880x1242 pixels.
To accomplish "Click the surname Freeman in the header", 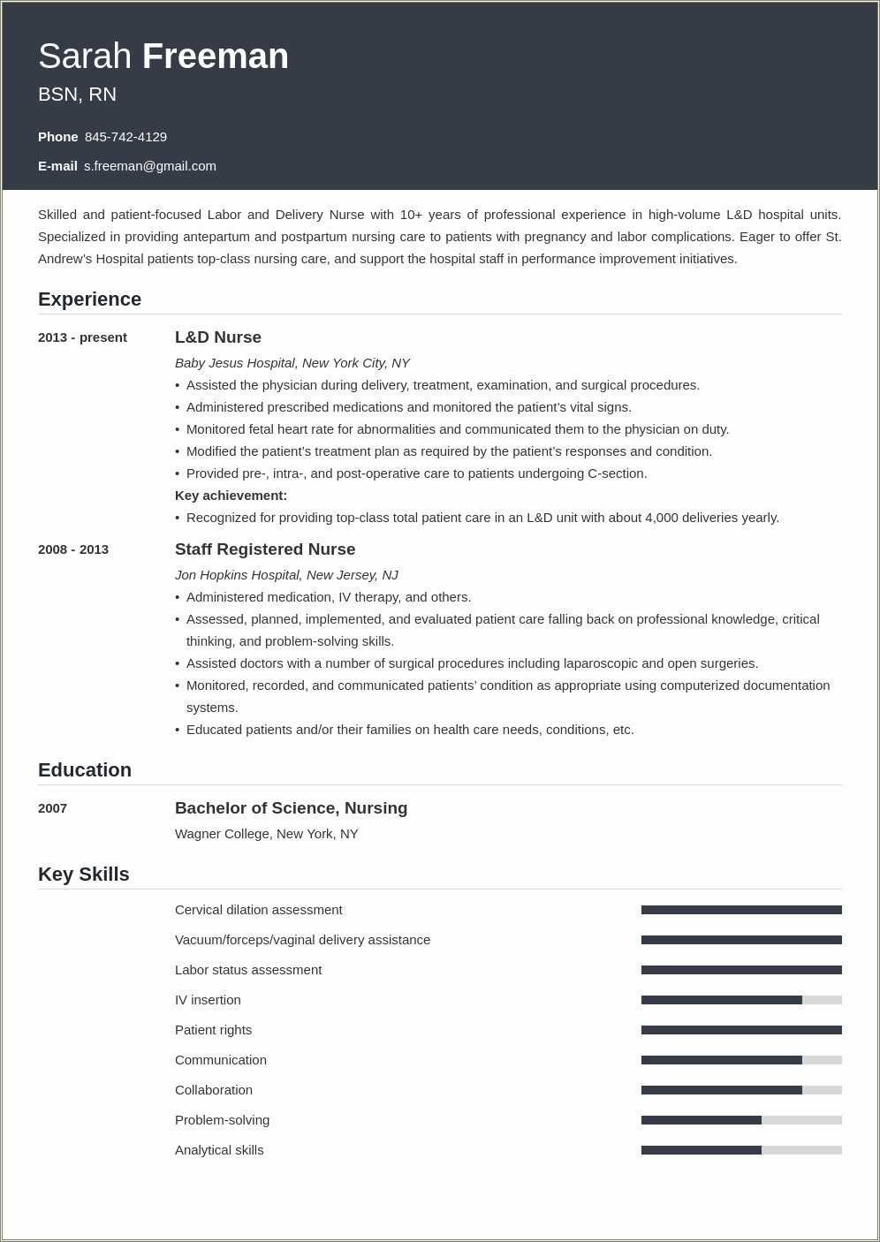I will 215,57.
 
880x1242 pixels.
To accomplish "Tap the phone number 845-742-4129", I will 125,137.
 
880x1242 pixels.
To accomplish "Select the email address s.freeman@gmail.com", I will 150,166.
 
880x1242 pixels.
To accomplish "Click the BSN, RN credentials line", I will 77,95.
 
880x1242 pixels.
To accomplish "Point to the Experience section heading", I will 89,299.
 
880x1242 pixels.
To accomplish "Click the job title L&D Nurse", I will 218,337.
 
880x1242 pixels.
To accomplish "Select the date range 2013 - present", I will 82,337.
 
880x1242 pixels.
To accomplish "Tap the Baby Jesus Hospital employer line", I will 292,363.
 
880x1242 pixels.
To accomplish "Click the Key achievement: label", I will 231,496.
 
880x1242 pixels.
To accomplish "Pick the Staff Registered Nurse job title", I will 265,549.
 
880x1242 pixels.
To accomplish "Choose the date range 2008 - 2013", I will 73,549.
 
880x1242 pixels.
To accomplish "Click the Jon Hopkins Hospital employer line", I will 286,575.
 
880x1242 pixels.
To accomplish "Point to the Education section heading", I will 85,770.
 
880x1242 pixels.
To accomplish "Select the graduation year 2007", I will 53,808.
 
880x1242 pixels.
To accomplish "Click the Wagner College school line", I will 266,834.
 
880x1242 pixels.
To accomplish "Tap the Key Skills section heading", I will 84,875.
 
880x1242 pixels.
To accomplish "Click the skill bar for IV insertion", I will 741,1000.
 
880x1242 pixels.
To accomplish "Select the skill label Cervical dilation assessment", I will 258,910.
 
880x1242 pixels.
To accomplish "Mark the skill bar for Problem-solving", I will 741,1120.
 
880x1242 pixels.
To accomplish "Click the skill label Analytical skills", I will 219,1150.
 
